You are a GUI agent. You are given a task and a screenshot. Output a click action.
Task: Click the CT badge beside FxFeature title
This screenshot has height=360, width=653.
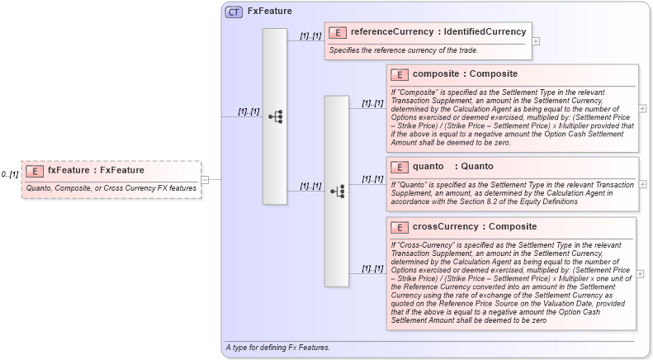click(x=234, y=12)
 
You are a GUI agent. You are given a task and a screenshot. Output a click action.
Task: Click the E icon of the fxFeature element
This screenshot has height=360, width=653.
click(x=35, y=171)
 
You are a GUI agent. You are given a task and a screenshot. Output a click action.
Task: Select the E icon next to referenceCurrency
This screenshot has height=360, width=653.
click(x=337, y=32)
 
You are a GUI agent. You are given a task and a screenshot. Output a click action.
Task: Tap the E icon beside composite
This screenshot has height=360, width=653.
click(x=400, y=74)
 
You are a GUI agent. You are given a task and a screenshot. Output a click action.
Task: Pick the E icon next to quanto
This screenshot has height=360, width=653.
click(x=400, y=167)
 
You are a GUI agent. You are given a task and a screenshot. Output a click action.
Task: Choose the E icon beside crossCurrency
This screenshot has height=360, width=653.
click(x=400, y=227)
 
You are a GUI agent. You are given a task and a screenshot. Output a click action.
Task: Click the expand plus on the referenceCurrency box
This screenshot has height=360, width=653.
click(x=536, y=40)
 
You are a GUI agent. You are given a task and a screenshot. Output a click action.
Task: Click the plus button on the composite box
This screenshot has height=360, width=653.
click(x=642, y=107)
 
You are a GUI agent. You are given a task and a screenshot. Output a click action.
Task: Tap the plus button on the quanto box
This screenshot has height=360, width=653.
click(x=642, y=184)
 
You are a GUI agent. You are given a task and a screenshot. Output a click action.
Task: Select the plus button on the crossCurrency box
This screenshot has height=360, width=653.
click(x=642, y=274)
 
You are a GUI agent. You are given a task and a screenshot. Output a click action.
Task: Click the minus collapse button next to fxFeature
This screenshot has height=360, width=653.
click(x=206, y=179)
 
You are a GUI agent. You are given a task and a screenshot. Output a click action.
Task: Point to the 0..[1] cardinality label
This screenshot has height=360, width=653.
click(x=10, y=174)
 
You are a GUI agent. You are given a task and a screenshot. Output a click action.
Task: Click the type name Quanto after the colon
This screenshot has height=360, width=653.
click(x=476, y=167)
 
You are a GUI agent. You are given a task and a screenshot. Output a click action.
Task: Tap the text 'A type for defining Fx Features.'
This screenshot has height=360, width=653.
click(x=277, y=348)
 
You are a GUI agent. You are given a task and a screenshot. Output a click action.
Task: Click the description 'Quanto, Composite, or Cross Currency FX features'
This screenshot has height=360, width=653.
click(x=111, y=188)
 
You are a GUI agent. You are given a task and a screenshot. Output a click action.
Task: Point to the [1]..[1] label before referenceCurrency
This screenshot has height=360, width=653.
click(x=310, y=36)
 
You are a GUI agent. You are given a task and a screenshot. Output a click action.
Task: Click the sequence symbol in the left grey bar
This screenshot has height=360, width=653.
click(x=275, y=116)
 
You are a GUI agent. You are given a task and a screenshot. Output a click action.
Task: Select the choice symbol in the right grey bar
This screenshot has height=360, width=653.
click(x=337, y=191)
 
